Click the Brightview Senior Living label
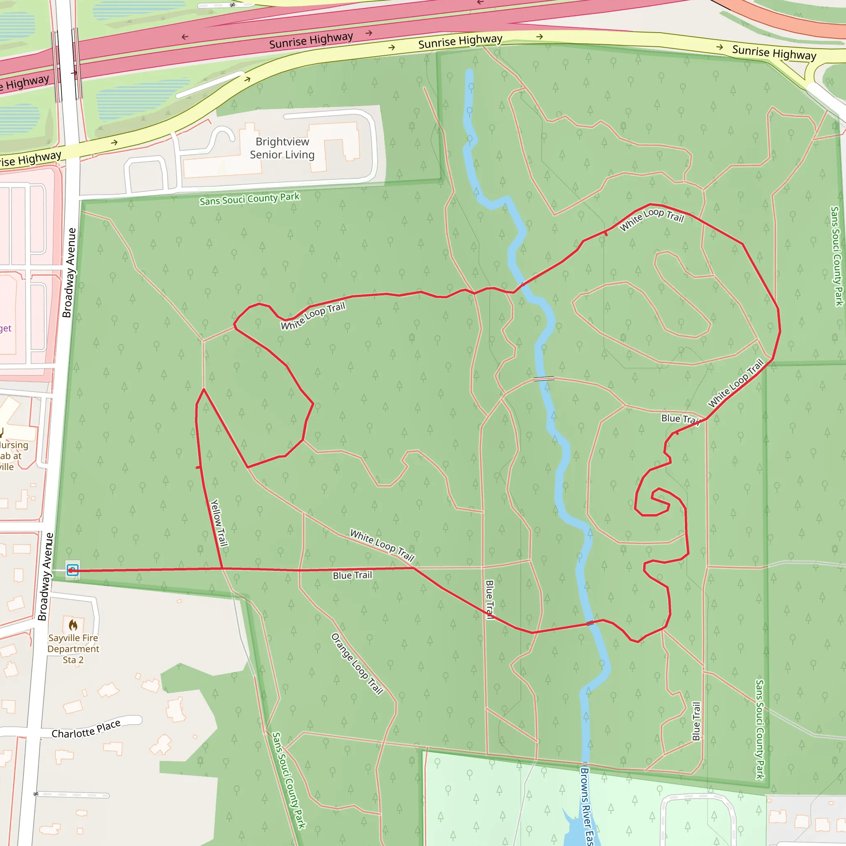(x=282, y=148)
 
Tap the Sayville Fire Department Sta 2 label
(x=73, y=649)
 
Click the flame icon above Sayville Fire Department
(x=73, y=625)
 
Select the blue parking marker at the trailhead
(x=72, y=570)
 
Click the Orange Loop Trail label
(x=357, y=664)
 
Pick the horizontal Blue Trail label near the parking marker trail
(x=352, y=575)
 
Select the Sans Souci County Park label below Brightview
(x=249, y=199)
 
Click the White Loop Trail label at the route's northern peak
(x=651, y=219)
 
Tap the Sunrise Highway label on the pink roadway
(x=311, y=40)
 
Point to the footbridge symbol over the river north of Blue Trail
(x=544, y=378)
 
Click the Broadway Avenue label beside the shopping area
(x=69, y=272)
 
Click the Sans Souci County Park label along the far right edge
(x=836, y=256)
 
